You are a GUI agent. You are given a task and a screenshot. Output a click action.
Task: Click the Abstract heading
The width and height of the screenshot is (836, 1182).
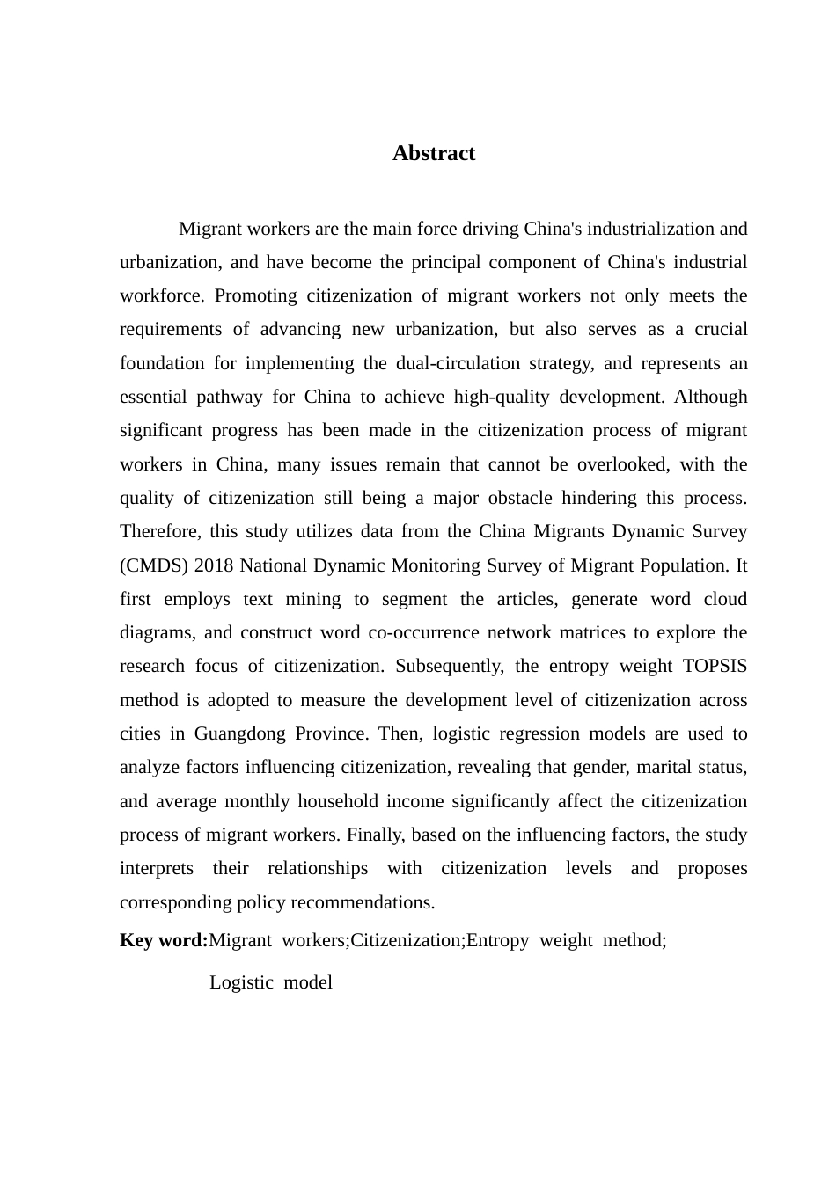point(434,153)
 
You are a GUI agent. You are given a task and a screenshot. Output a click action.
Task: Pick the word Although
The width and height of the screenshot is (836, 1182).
point(710,397)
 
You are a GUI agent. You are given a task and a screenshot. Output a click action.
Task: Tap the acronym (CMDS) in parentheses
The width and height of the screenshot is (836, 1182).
point(150,565)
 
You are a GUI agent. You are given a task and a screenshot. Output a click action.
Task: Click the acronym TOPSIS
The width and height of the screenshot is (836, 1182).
point(715,666)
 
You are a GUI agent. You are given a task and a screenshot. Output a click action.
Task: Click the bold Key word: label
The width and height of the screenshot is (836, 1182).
point(164,940)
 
